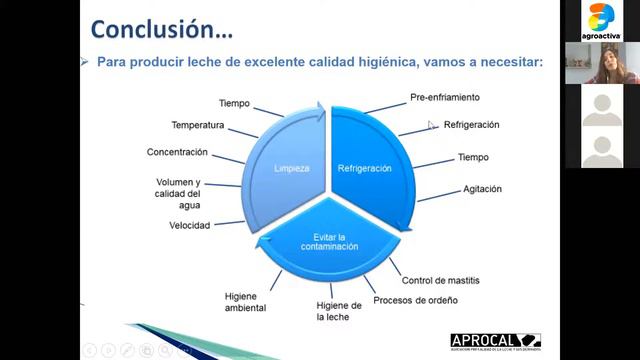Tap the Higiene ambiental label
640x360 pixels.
click(x=245, y=302)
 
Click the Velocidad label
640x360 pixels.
click(x=189, y=226)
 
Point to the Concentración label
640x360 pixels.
click(x=177, y=152)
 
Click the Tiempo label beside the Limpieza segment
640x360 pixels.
click(x=234, y=103)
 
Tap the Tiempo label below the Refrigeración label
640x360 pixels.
click(x=473, y=158)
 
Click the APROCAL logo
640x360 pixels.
click(x=495, y=342)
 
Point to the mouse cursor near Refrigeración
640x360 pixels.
click(x=432, y=126)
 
